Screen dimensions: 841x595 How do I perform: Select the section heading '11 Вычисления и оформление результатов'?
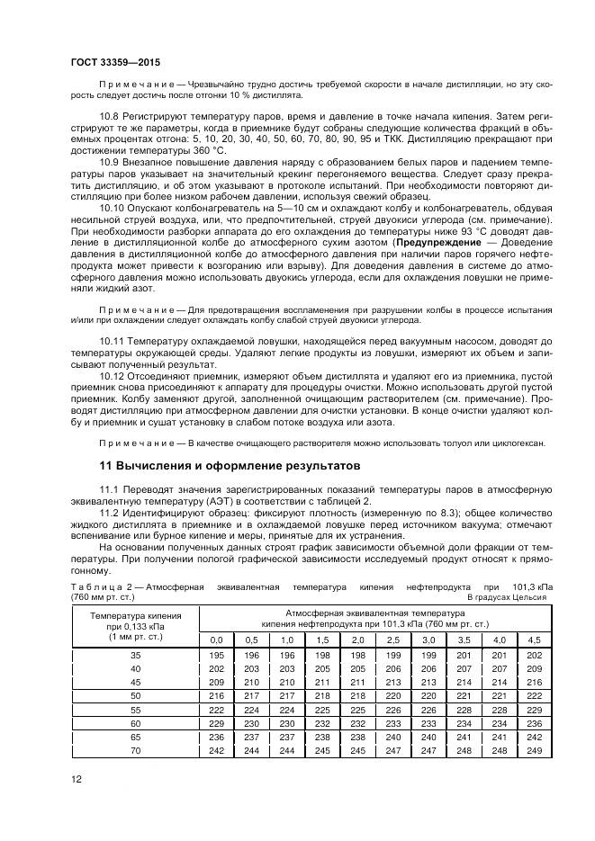(x=229, y=466)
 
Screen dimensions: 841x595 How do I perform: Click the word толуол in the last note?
(x=456, y=443)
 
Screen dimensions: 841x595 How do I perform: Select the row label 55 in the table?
(x=135, y=710)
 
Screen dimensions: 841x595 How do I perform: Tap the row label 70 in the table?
(x=135, y=749)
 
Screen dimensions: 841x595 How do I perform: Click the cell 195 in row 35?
(x=216, y=656)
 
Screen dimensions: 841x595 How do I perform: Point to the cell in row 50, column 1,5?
(x=321, y=696)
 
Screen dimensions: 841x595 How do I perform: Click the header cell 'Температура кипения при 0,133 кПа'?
(x=135, y=622)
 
